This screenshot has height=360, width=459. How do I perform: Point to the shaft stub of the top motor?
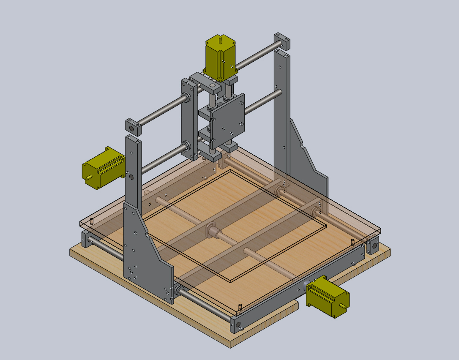click(x=220, y=40)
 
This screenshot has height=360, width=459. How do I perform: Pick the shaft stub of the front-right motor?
click(x=346, y=304)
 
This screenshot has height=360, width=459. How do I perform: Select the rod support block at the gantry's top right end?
click(x=282, y=41)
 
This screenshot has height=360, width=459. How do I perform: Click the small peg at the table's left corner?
click(x=92, y=221)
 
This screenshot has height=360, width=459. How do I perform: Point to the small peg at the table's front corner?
click(x=240, y=306)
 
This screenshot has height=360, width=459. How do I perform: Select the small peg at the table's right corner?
click(x=352, y=241)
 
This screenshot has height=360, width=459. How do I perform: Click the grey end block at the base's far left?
click(x=85, y=240)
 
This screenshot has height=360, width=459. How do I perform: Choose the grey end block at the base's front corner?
click(x=236, y=324)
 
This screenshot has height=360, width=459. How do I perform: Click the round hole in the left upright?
click(x=131, y=177)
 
